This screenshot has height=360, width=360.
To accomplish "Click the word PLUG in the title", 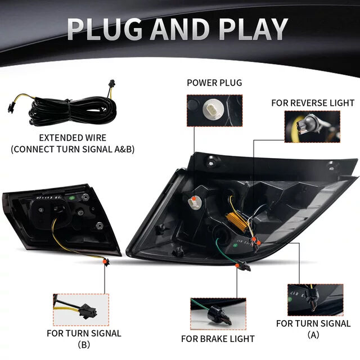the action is (105, 29).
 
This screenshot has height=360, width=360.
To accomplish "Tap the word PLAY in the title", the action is (253, 29).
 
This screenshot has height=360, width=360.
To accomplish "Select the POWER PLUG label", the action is (214, 83).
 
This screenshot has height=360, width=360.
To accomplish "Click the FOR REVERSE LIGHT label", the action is (313, 103).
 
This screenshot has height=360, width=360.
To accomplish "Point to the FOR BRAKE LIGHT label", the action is (218, 339).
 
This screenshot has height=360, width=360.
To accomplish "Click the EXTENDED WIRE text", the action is (73, 138).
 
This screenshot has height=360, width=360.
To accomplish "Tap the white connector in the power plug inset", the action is (213, 110).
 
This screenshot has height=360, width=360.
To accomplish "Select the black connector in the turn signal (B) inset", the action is (87, 311).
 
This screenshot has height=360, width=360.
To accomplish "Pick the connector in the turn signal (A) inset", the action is (313, 299).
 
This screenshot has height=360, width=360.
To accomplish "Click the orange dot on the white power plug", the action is (194, 199).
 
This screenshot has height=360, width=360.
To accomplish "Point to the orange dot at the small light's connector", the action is (105, 261).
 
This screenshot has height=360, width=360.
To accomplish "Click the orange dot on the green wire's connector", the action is (237, 265).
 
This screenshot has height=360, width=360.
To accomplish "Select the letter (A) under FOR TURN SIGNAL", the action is (313, 335).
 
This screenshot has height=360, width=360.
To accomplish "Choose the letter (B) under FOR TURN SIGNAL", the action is (84, 344).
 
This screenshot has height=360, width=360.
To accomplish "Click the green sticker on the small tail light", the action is (72, 197).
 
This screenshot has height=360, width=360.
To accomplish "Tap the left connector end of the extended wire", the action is (11, 107).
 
